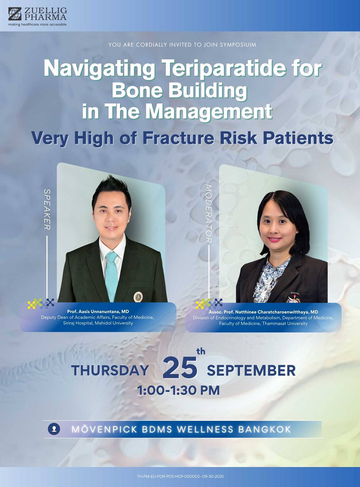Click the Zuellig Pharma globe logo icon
15,14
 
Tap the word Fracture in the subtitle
178,138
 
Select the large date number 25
180,367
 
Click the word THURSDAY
110,370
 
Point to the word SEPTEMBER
251,370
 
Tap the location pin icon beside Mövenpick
54,429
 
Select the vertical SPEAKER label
47,209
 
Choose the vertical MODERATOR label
208,214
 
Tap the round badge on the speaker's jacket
138,297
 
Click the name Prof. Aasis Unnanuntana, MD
98,311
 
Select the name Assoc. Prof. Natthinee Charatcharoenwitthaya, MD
263,312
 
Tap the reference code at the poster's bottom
180,477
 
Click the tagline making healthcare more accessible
37,24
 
